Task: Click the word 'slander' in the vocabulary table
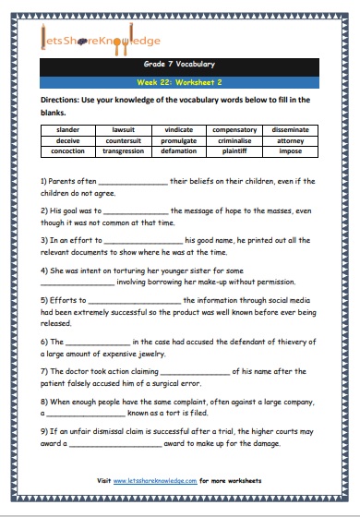pos(68,130)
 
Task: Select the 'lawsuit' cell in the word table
pos(124,130)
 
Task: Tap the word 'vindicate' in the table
pos(179,130)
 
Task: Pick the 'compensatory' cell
pos(234,130)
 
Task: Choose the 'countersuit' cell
pos(124,141)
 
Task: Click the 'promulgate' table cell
pos(179,141)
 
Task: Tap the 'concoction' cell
pos(68,152)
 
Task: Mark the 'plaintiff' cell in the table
pos(234,152)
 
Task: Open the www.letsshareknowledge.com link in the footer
pos(158,482)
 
